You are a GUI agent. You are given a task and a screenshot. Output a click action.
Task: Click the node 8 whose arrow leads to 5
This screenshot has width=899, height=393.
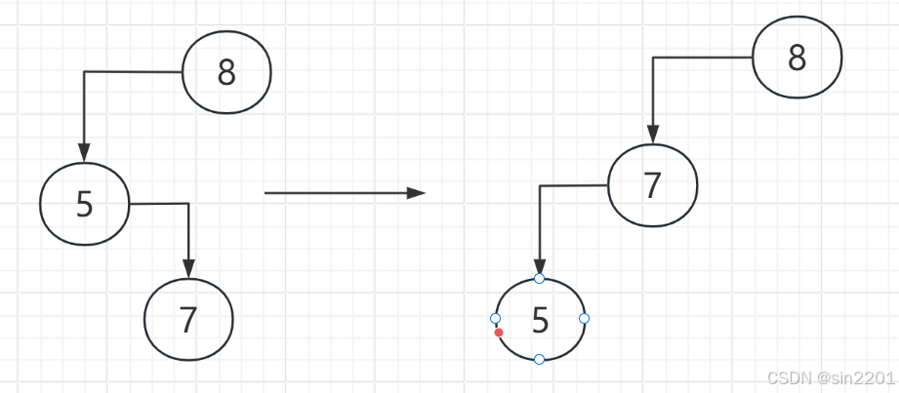(x=226, y=73)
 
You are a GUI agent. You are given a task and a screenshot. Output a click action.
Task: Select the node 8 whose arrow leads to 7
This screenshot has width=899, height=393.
(x=797, y=59)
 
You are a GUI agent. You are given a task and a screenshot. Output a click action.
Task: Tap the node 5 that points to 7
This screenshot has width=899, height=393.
(x=85, y=204)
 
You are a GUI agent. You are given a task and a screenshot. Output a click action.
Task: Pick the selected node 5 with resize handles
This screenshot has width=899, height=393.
(x=540, y=319)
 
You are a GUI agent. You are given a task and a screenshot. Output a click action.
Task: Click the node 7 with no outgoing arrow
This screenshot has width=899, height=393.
(x=188, y=319)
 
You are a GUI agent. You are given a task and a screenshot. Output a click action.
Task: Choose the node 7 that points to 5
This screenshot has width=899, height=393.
(x=652, y=185)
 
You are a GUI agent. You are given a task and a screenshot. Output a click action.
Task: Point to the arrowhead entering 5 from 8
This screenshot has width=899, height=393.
(x=84, y=152)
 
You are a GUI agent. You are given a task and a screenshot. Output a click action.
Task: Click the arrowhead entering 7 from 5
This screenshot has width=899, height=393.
(x=188, y=267)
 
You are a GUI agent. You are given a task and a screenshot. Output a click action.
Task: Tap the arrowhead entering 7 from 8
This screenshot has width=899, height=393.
(x=652, y=135)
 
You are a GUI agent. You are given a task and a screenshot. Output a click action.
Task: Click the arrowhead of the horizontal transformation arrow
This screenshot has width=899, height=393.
(x=417, y=193)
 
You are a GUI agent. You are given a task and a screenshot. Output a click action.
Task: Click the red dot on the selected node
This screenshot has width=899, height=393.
(x=499, y=333)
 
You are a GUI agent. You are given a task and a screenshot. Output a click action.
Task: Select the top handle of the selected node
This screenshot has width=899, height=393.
(x=540, y=279)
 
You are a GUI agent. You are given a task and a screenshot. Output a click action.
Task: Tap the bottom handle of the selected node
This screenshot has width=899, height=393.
(x=540, y=360)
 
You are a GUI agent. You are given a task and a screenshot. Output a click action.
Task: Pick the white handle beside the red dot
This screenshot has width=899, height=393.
(x=495, y=319)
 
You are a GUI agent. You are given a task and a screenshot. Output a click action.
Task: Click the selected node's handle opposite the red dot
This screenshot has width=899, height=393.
(x=584, y=318)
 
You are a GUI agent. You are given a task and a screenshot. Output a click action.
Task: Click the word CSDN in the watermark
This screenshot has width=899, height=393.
(x=784, y=377)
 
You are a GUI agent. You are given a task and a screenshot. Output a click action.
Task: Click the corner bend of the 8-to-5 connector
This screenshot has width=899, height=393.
(x=84, y=72)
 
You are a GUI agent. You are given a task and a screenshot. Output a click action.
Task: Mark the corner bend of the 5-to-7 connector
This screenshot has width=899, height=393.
(x=188, y=204)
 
